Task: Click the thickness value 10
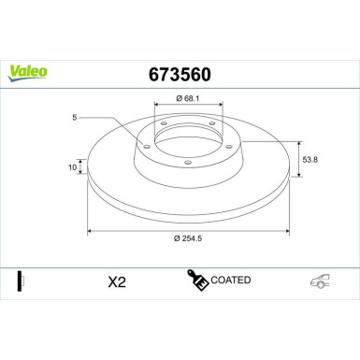click(x=71, y=166)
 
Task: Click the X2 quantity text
click(x=117, y=281)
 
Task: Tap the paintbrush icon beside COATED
click(x=197, y=281)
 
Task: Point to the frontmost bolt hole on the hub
click(x=189, y=165)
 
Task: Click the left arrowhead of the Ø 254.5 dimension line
click(x=90, y=229)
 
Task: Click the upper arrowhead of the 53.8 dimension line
click(x=297, y=143)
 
